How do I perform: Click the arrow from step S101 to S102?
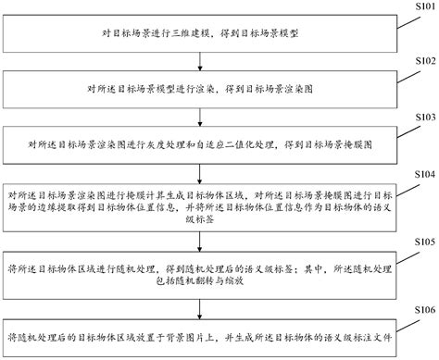200,61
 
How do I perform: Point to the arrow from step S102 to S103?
200,118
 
